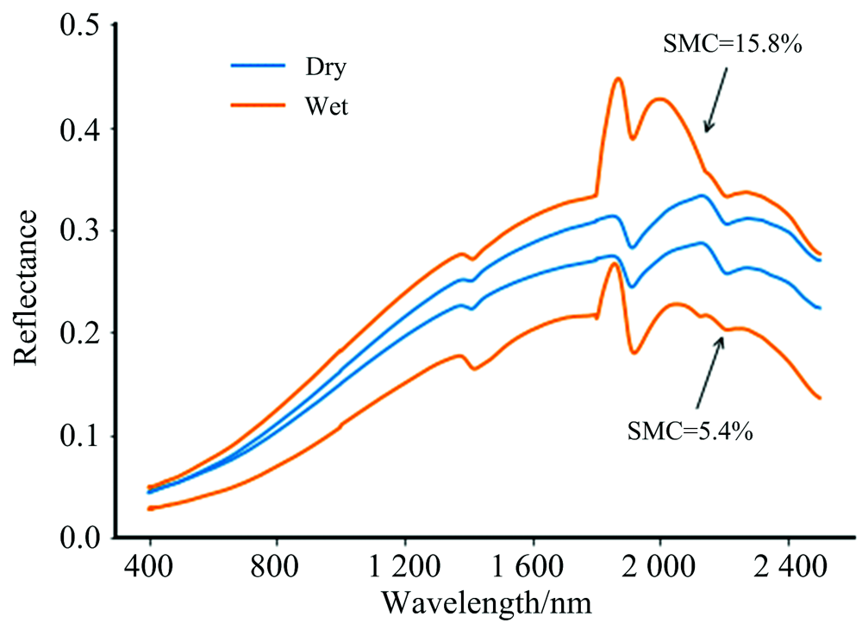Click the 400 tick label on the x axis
150,570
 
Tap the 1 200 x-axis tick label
404,570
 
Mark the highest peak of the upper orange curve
618,79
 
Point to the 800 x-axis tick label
277,570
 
